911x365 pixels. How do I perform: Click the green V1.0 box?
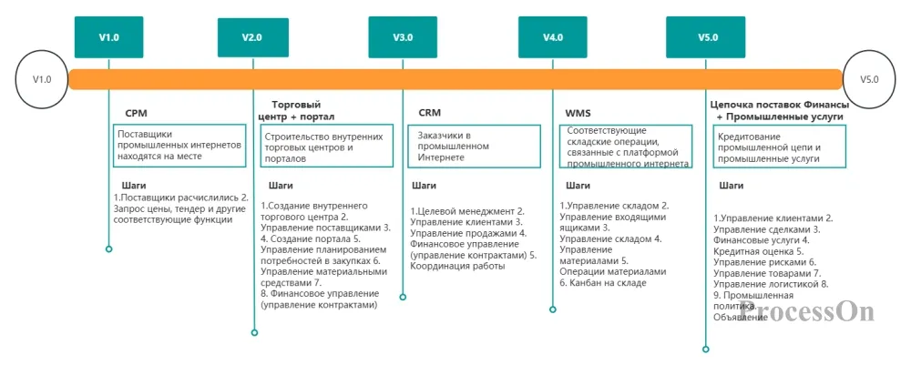(108, 37)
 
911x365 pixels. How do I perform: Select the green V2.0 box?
(252, 37)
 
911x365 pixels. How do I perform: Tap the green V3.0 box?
(403, 37)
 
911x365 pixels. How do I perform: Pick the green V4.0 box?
(552, 37)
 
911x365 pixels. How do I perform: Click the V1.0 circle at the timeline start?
(42, 80)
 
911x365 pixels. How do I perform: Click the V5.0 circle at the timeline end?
(869, 80)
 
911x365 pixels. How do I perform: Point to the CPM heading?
(137, 114)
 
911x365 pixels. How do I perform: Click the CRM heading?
(429, 114)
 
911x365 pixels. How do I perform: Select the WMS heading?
(578, 114)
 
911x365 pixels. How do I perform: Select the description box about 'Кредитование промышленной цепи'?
(779, 146)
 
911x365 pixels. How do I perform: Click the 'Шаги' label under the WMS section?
(578, 186)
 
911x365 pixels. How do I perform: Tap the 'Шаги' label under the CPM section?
(134, 186)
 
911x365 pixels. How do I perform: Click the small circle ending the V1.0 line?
(108, 248)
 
